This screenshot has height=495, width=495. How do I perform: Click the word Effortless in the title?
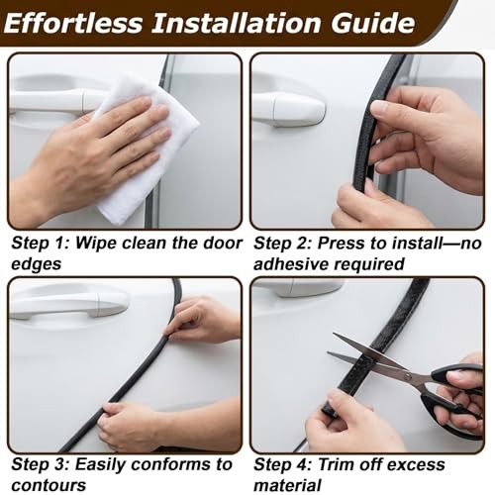click(x=73, y=23)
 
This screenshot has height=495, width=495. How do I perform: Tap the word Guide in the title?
click(x=373, y=23)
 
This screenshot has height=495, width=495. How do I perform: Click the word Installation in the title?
click(x=237, y=23)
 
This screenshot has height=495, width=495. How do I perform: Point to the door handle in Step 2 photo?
click(x=289, y=109)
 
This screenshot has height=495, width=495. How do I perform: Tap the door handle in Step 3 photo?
click(x=69, y=304)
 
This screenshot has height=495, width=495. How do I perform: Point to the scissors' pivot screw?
click(x=408, y=376)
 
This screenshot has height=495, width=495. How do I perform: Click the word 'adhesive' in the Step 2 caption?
click(x=291, y=264)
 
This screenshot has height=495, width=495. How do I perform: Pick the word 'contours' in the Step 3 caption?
click(x=49, y=485)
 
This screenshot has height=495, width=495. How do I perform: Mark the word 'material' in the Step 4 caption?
click(x=287, y=485)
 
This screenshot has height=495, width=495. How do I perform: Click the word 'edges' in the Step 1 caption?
click(x=37, y=264)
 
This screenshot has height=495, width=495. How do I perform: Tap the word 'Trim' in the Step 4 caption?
click(x=337, y=464)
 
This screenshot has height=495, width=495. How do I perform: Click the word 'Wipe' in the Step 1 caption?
click(x=96, y=244)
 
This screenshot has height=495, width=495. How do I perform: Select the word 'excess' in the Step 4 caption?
click(x=419, y=465)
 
